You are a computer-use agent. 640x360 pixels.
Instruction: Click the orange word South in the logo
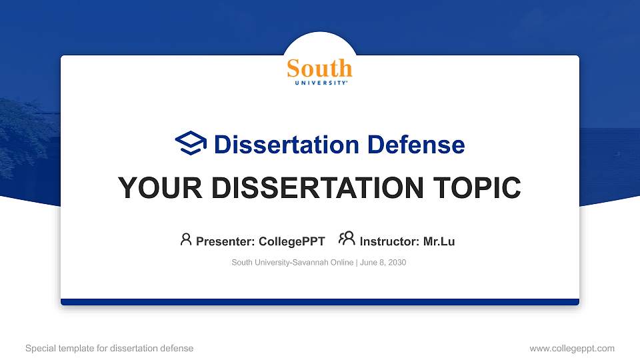319,68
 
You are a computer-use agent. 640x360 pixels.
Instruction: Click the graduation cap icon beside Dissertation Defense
191,143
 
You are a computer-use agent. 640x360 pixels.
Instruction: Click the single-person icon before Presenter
186,239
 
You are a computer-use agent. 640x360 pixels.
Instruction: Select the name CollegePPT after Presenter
291,241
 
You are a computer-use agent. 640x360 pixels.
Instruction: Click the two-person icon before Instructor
347,239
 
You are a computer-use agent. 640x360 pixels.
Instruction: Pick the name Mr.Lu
439,241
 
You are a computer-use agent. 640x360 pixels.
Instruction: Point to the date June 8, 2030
384,263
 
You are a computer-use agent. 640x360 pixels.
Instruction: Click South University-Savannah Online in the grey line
293,263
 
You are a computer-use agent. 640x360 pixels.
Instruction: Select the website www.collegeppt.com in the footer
571,348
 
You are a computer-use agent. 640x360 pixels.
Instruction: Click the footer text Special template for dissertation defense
109,348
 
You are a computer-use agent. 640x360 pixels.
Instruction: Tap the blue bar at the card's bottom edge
319,302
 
